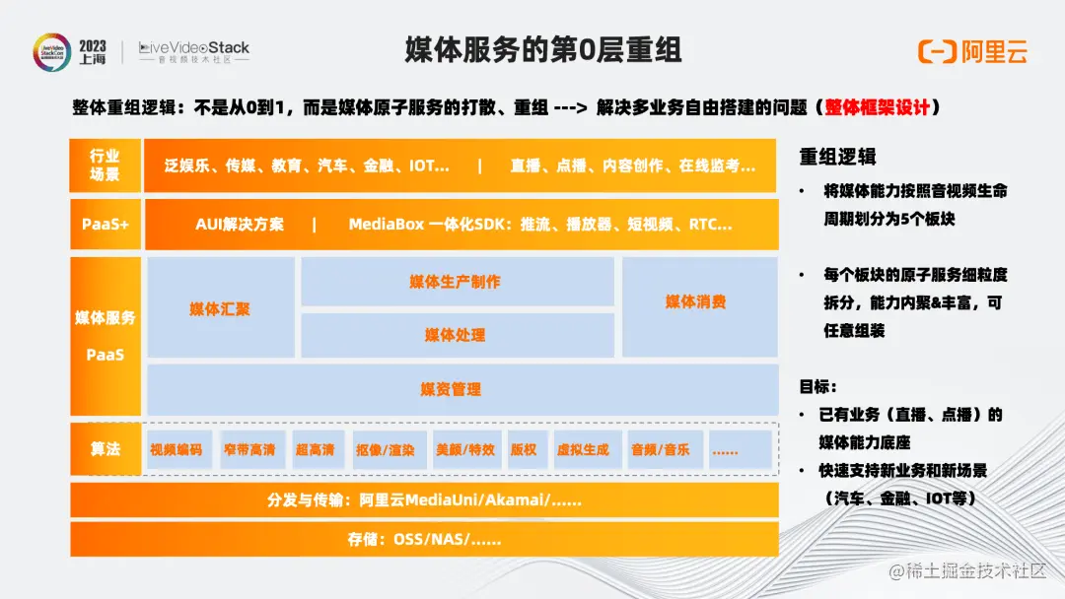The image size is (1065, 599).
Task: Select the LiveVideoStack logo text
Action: pyautogui.click(x=194, y=48)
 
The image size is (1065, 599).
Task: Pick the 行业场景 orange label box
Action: pyautogui.click(x=105, y=166)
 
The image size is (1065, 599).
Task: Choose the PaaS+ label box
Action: pyautogui.click(x=105, y=225)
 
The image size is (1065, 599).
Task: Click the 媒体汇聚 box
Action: pyautogui.click(x=220, y=308)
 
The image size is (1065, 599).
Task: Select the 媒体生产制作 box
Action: pyautogui.click(x=456, y=282)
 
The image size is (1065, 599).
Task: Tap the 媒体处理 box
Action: pyautogui.click(x=456, y=335)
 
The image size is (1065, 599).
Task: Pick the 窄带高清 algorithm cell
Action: pyautogui.click(x=248, y=449)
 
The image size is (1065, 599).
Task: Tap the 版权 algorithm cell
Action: pyautogui.click(x=524, y=449)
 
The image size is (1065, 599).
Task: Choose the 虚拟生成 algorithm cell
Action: pyautogui.click(x=583, y=449)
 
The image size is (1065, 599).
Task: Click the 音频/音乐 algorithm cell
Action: pyautogui.click(x=661, y=449)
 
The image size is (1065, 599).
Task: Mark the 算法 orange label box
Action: pyautogui.click(x=105, y=449)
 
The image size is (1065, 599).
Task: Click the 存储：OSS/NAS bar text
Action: pyautogui.click(x=424, y=539)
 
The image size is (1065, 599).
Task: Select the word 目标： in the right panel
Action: pyautogui.click(x=818, y=387)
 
